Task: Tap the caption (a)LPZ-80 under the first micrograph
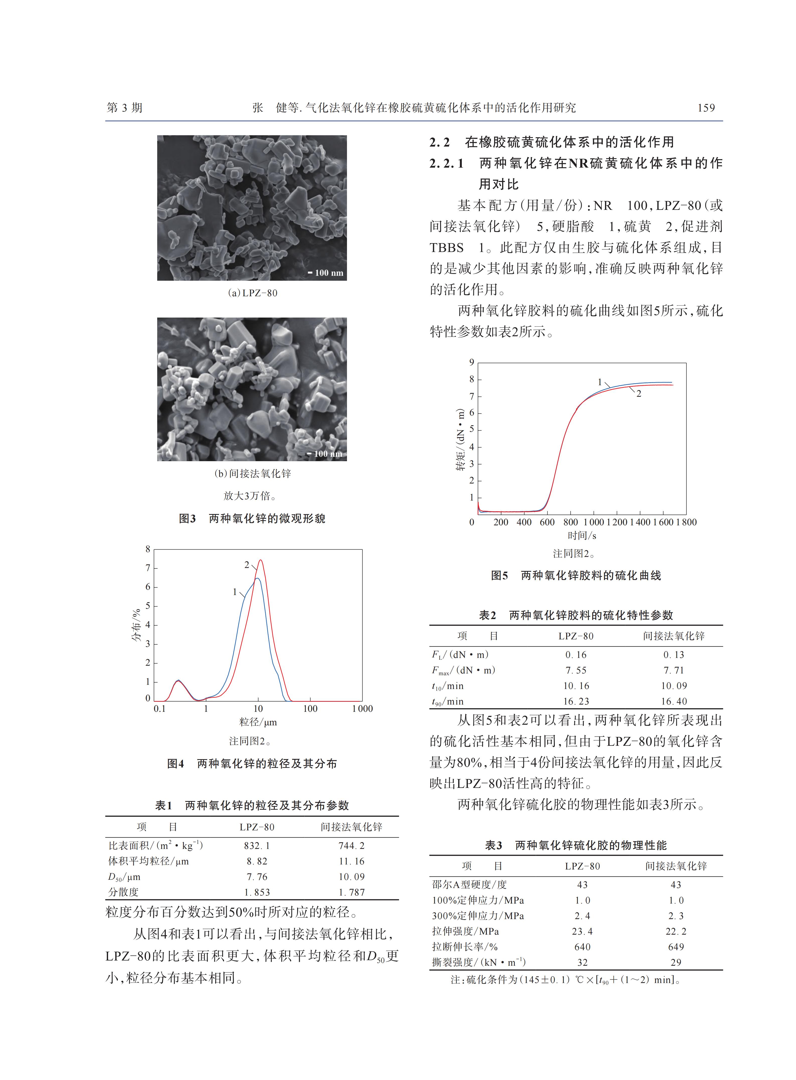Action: point(252,293)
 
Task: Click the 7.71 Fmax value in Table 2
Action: point(673,670)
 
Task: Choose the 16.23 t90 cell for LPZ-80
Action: point(576,701)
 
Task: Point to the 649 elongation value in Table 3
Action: point(676,947)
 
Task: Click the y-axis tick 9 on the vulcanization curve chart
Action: point(472,362)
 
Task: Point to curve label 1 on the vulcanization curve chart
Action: point(600,382)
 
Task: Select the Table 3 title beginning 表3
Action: point(576,845)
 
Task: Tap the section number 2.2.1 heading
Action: point(447,163)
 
